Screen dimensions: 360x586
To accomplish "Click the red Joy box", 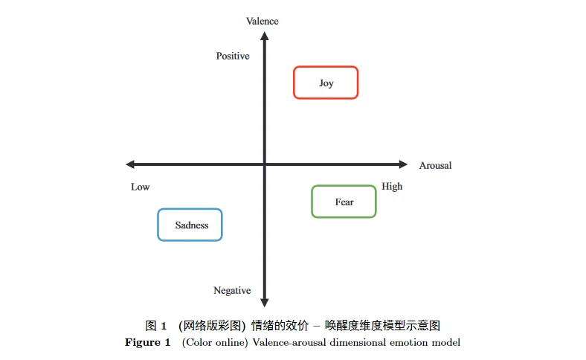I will (x=326, y=83).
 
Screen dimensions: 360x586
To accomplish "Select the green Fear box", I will (x=344, y=202).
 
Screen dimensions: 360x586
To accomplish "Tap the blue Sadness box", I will (x=190, y=225).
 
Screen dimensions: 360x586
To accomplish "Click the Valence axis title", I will (x=262, y=21).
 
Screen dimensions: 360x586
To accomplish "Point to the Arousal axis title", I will (x=435, y=165).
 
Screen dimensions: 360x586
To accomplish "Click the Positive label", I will (x=233, y=56).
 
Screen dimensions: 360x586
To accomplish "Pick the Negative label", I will (x=232, y=290).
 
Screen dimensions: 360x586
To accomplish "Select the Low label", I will (x=140, y=187).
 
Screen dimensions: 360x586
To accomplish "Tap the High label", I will (x=392, y=186).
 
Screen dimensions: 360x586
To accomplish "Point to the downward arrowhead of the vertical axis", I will (x=264, y=302).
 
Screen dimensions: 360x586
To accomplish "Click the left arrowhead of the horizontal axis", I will (x=130, y=164).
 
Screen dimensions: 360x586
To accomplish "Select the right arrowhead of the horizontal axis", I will (x=403, y=164).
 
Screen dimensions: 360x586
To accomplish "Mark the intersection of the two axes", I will (x=264, y=164).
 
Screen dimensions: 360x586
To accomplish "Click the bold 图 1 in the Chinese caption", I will (x=155, y=326).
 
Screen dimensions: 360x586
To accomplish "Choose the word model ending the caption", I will (x=448, y=343).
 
